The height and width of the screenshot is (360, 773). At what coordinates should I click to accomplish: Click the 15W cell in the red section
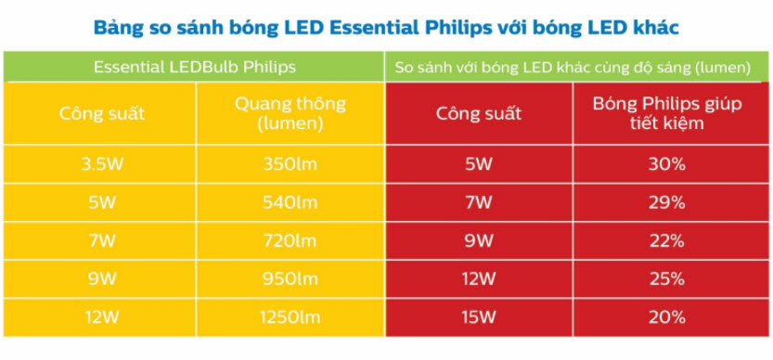(x=479, y=318)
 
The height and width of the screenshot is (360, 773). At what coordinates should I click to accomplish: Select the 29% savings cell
(x=667, y=202)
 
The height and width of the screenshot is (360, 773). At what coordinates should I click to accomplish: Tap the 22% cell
(x=667, y=241)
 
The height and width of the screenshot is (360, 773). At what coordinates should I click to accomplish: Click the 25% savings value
(x=667, y=279)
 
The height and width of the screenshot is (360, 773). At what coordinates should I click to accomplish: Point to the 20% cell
(x=667, y=318)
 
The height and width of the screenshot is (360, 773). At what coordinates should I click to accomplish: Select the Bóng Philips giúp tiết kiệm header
(x=667, y=113)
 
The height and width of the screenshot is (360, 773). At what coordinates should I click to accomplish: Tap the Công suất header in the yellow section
(x=102, y=114)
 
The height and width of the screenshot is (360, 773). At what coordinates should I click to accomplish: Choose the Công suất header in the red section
(x=479, y=114)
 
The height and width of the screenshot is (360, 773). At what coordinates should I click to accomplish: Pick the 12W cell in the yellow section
(x=102, y=318)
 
